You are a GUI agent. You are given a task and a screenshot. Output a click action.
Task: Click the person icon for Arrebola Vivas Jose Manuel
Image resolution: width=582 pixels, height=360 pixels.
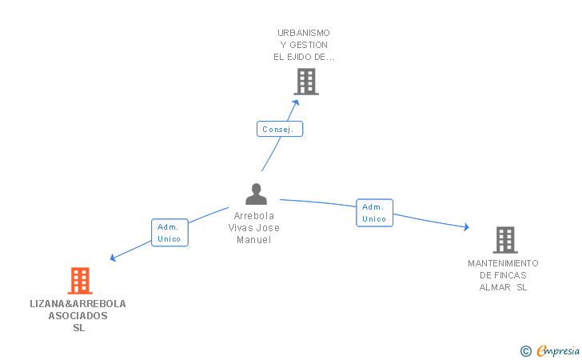pyautogui.click(x=256, y=194)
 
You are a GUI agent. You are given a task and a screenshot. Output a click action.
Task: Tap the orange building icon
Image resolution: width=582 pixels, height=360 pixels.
pyautogui.click(x=80, y=281)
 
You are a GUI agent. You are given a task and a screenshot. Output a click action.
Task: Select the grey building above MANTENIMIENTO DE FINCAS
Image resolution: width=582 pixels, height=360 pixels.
pyautogui.click(x=505, y=240)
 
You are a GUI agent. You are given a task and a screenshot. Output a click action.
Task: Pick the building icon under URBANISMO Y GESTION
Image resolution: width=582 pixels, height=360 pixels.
pyautogui.click(x=306, y=82)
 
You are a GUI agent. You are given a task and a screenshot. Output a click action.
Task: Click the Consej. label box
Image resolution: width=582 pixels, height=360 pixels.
pyautogui.click(x=280, y=129)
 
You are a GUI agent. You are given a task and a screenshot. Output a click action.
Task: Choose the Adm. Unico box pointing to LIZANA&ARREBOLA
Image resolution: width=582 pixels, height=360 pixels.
pyautogui.click(x=169, y=233)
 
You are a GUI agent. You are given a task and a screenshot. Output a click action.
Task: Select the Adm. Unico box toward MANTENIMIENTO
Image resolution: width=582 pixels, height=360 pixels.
pyautogui.click(x=374, y=213)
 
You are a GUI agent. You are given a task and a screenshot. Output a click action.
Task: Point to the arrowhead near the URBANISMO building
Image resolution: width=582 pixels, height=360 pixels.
pyautogui.click(x=296, y=102)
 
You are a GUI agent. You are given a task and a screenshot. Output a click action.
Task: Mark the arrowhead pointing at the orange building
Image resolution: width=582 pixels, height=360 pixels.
pyautogui.click(x=114, y=258)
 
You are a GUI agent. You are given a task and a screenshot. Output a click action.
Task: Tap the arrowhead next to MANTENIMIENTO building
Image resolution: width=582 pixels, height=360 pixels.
pyautogui.click(x=467, y=227)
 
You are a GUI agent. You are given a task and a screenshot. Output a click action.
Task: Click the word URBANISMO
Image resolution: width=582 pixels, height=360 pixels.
pyautogui.click(x=304, y=33)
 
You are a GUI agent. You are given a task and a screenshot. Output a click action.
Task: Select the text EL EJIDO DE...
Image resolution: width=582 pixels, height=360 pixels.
pyautogui.click(x=300, y=57)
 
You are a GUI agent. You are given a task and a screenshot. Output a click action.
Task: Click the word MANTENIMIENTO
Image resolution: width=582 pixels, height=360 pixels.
pyautogui.click(x=503, y=263)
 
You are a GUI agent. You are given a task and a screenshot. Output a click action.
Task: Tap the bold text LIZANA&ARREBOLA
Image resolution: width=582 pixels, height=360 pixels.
pyautogui.click(x=78, y=304)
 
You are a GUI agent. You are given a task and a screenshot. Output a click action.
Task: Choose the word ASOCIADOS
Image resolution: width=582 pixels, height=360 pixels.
pyautogui.click(x=78, y=316)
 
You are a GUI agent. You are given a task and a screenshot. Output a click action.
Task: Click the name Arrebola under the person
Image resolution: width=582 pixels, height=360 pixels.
pyautogui.click(x=254, y=216)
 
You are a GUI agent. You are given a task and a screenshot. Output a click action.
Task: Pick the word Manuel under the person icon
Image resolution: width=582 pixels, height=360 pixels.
pyautogui.click(x=254, y=240)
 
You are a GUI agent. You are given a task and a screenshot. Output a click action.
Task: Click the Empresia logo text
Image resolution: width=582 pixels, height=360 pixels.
pyautogui.click(x=558, y=350)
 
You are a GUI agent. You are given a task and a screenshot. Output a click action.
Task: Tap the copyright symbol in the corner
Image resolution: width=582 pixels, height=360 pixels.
pyautogui.click(x=525, y=351)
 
